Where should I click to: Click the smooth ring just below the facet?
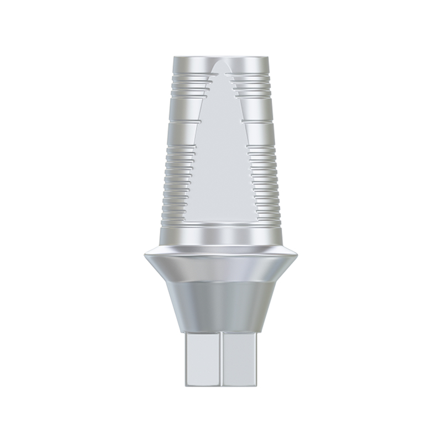click(221, 232)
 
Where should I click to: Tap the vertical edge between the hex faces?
click(221, 359)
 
